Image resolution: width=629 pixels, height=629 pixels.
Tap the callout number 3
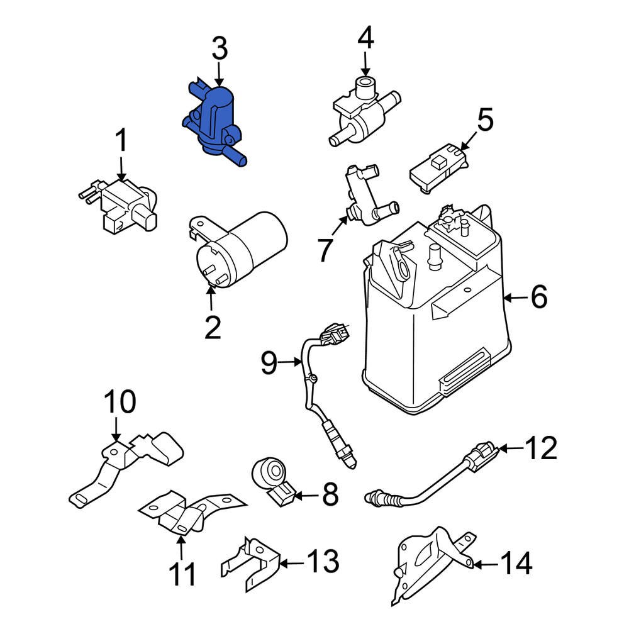pos(219,50)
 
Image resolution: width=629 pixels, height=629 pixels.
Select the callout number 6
pos(539,297)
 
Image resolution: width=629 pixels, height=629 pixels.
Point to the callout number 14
pos(516,563)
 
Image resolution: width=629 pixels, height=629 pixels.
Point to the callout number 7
pos(324,250)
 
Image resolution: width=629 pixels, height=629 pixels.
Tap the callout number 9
pos(269,364)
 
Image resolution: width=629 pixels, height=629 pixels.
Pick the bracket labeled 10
pos(126,465)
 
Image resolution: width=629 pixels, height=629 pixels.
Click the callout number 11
pos(182,574)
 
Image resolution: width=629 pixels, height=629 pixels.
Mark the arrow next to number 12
pos(511,448)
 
